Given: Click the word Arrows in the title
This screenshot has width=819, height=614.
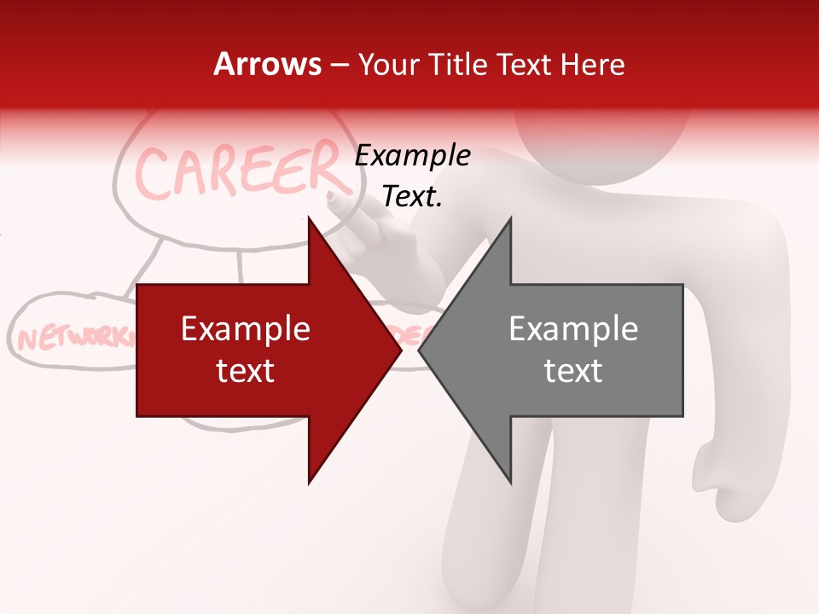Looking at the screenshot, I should point(268,64).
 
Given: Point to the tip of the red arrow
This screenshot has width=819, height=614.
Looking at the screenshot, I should point(400,350).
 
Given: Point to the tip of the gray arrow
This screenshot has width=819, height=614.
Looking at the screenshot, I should point(420,350).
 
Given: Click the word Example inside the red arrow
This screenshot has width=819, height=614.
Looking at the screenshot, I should point(246,329).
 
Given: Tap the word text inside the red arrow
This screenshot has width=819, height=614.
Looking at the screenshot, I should point(246,371).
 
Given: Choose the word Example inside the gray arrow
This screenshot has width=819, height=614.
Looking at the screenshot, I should point(573,329).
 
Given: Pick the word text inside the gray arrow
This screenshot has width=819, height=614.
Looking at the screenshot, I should point(573,371).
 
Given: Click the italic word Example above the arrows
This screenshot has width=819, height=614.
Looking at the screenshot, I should point(412,156).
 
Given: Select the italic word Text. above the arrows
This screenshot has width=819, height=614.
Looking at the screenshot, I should point(412,197).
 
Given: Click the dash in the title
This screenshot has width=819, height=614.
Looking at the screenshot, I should point(340,65).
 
